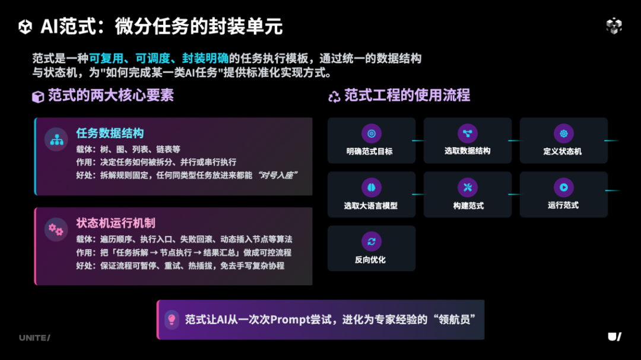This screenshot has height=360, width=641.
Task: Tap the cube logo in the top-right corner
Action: pos(614,26)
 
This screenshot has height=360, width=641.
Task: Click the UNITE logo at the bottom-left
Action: pos(34,337)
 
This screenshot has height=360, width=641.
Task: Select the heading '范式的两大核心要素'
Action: pos(110,95)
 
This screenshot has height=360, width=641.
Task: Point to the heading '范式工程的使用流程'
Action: pos(407,95)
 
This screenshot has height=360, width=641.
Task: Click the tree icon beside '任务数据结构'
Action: pos(56,139)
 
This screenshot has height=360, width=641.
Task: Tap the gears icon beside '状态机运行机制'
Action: pos(56,229)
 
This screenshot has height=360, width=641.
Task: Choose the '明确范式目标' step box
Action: pos(372,141)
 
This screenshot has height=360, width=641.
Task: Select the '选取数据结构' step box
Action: pos(468,141)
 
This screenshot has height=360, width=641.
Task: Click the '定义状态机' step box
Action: pos(563,141)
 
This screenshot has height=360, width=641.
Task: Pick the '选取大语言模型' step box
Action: pos(372,195)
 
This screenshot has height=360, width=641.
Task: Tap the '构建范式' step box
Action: pos(468,195)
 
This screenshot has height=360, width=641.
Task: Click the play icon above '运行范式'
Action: pos(563,187)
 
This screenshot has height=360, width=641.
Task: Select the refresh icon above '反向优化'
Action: pos(372,241)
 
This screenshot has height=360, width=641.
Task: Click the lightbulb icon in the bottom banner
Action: pos(172,320)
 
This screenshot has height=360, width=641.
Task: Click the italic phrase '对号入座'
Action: pos(277,175)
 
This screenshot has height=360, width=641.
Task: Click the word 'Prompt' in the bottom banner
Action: pos(291,320)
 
